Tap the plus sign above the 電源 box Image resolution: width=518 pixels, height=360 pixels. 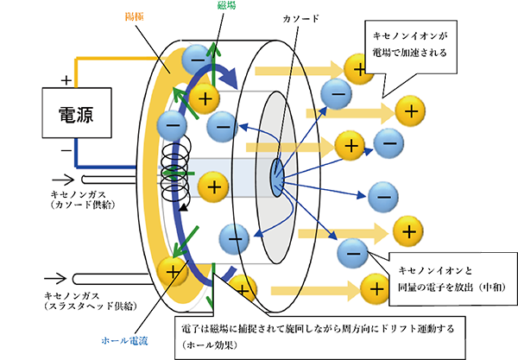(x=66, y=79)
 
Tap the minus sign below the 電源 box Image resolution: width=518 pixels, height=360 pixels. (x=66, y=149)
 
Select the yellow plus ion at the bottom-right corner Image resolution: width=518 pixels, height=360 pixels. (x=375, y=285)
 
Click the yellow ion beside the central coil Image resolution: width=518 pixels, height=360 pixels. (x=213, y=185)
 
